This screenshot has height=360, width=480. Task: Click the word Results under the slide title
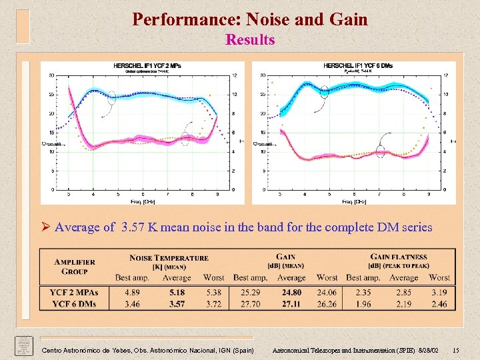tap(250, 40)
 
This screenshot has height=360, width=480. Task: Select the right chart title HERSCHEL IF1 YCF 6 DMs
tap(357, 65)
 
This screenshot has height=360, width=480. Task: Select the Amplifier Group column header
tap(74, 267)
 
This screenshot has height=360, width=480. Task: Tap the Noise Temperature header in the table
tap(169, 258)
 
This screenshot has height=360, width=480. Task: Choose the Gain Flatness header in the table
tap(399, 257)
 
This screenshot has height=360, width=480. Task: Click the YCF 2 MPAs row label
tap(74, 292)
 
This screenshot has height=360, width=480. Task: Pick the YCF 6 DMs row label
tap(74, 304)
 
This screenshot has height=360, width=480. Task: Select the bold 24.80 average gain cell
tap(291, 292)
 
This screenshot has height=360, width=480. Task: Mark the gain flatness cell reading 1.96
tap(364, 304)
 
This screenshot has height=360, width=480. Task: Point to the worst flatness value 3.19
tap(439, 292)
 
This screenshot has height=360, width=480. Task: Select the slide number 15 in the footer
tap(455, 350)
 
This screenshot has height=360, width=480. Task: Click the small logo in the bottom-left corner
tap(25, 345)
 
